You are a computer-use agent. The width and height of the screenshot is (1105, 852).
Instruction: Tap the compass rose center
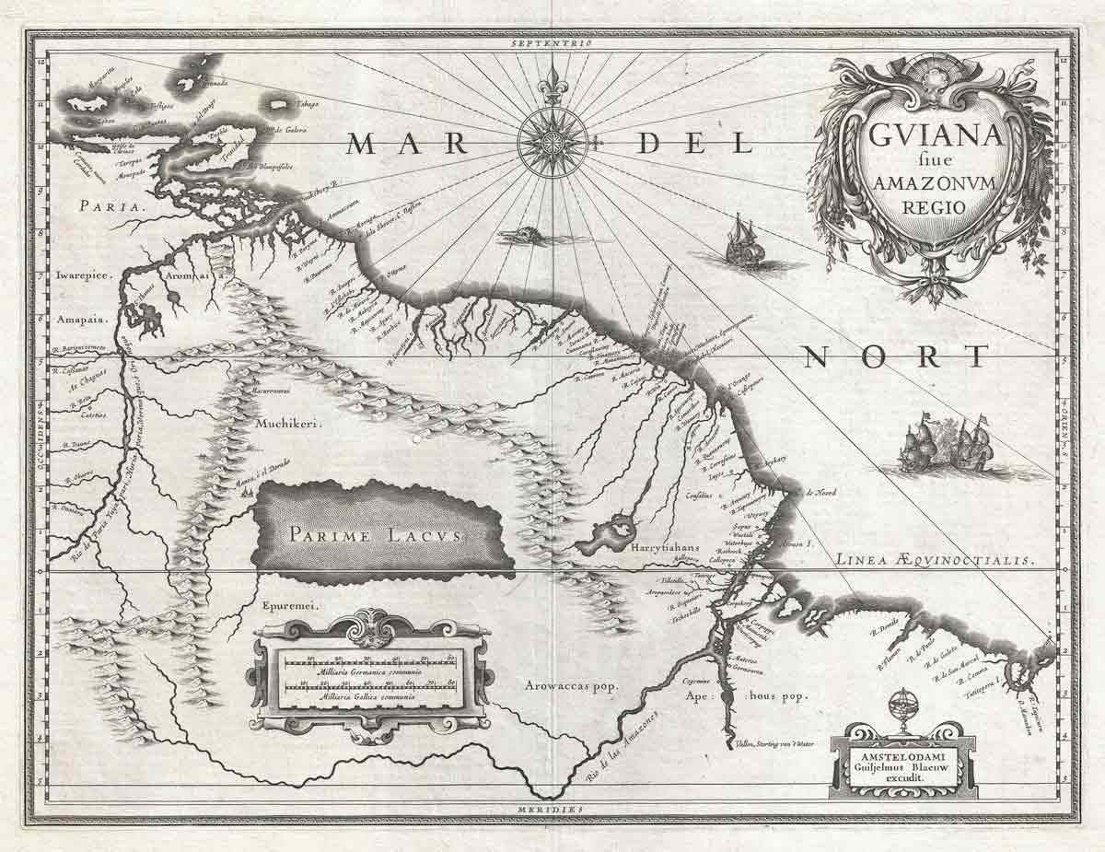tap(552, 142)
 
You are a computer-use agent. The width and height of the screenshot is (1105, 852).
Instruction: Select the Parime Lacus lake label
tap(378, 534)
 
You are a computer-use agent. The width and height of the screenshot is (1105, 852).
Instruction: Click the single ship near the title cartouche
tap(744, 242)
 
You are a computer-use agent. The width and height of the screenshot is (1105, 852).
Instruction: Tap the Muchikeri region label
tap(282, 426)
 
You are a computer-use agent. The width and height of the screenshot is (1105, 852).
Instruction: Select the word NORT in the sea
tap(893, 356)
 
